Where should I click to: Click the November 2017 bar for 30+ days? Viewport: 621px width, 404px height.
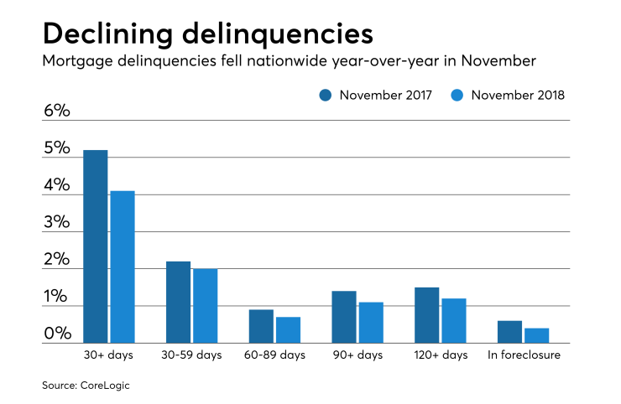pos(95,246)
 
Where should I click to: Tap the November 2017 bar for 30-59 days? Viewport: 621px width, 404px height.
pos(178,302)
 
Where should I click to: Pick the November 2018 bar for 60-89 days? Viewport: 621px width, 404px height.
pos(288,329)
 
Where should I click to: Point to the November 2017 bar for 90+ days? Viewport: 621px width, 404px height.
pos(343,317)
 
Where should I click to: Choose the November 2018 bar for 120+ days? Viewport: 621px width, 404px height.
pos(453,320)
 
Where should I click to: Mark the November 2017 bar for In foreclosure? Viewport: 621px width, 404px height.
pos(509,332)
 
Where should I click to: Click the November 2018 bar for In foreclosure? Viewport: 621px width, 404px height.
pos(536,335)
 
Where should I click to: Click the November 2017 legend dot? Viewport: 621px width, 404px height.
pos(326,96)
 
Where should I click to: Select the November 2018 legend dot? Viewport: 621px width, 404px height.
pos(458,96)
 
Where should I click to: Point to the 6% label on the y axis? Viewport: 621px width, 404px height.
pos(57,111)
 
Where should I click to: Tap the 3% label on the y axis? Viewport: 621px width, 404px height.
pos(57,222)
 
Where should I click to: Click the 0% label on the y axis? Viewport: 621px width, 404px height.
pos(57,334)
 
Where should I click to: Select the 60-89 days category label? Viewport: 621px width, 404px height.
pos(274,355)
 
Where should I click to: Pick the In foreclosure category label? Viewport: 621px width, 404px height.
pos(524,355)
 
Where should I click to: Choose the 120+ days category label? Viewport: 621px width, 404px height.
pos(441,355)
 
